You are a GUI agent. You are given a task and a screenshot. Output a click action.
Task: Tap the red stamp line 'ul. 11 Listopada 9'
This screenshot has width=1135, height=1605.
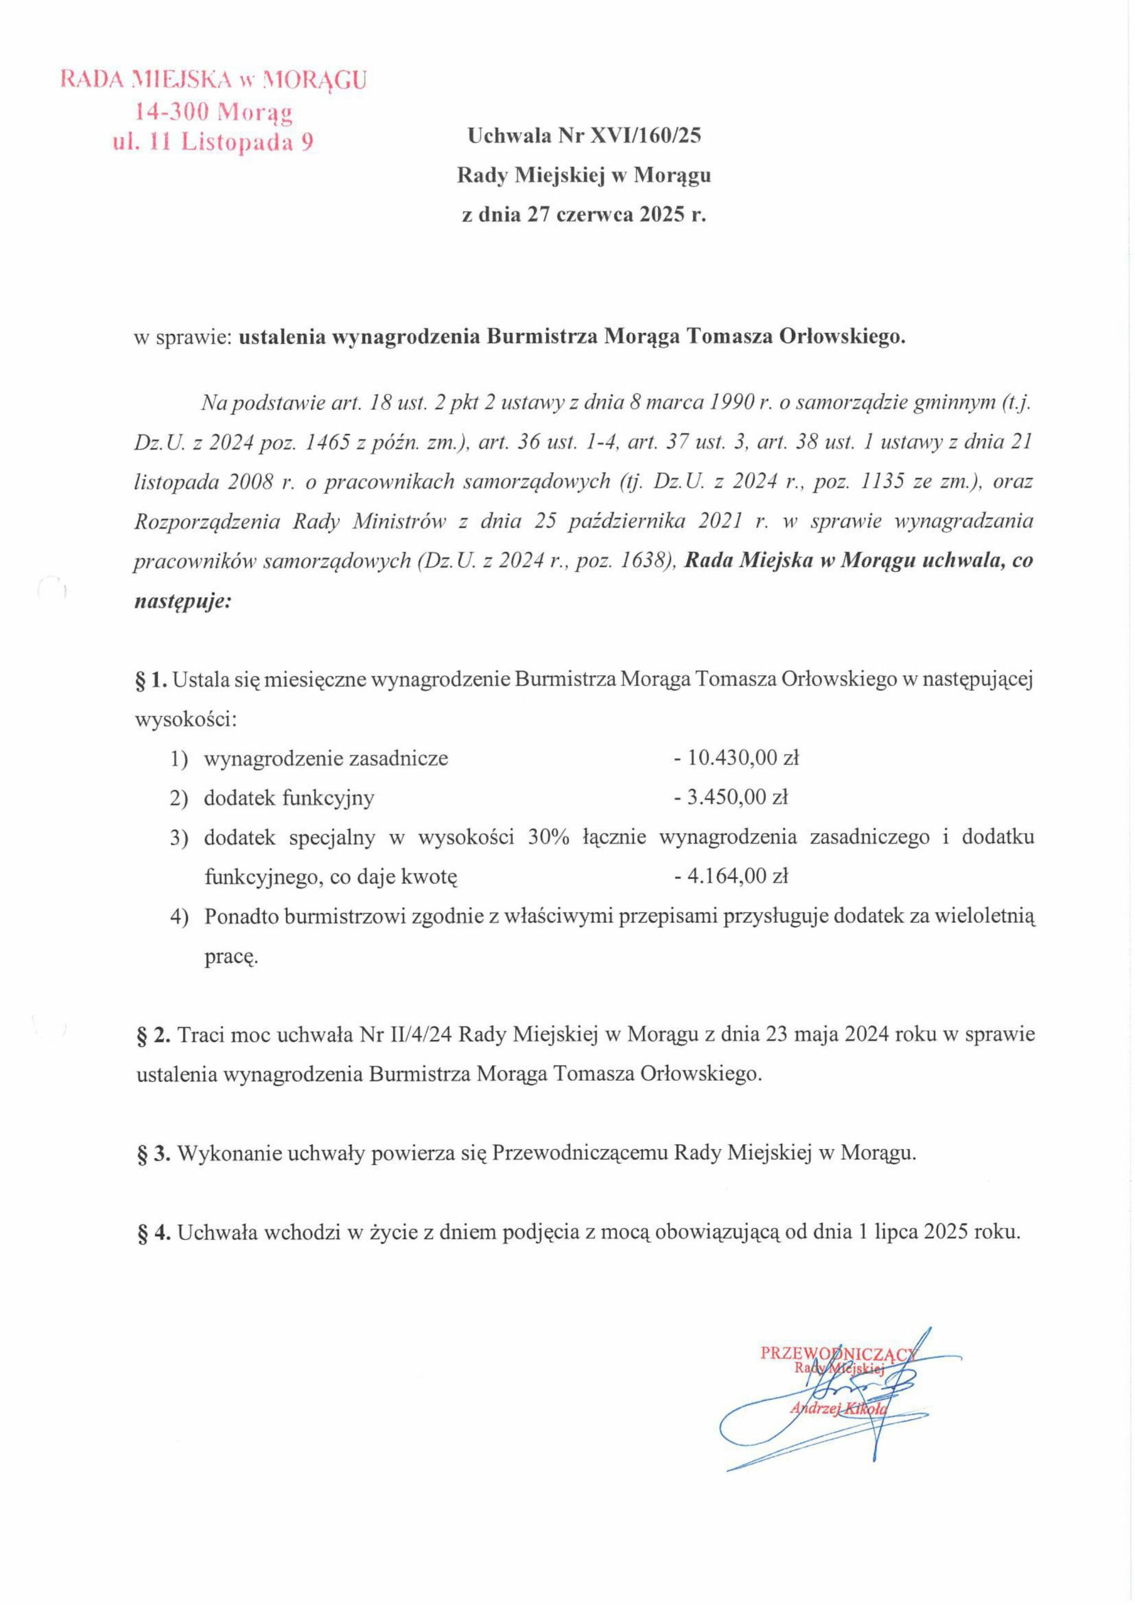[x=212, y=142]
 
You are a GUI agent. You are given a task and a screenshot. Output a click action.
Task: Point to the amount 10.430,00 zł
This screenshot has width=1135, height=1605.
[x=742, y=758]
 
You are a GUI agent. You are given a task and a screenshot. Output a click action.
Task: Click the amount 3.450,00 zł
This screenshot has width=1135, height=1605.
[x=736, y=797]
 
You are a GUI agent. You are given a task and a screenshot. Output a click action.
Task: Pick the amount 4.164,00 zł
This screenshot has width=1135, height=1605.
[x=736, y=876]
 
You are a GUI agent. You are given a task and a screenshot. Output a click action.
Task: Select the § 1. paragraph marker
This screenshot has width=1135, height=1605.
[x=150, y=680]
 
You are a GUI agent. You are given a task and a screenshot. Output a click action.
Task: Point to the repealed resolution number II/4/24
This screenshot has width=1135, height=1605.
[x=417, y=1034]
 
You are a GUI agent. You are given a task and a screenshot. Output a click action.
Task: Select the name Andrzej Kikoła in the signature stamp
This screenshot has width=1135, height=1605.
[x=837, y=1409]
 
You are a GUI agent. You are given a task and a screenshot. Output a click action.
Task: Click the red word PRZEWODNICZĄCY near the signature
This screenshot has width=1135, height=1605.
[x=837, y=1352]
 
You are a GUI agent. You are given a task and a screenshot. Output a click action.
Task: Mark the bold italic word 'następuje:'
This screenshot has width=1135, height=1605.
[x=182, y=601]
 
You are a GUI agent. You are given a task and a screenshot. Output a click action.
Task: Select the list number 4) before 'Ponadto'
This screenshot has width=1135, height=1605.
[x=180, y=916]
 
